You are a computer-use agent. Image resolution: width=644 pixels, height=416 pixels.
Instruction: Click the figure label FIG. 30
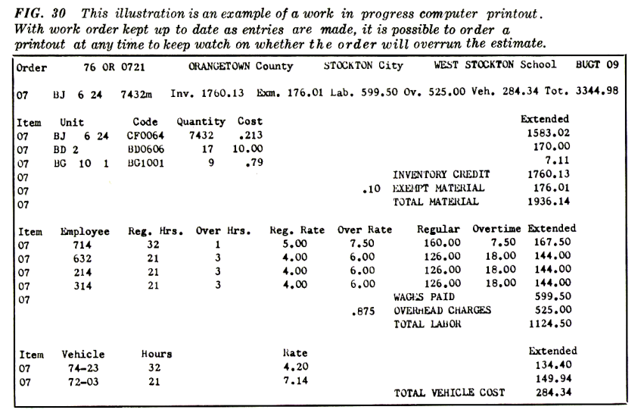click(37, 14)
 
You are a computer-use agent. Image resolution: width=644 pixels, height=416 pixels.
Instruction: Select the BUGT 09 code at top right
click(597, 65)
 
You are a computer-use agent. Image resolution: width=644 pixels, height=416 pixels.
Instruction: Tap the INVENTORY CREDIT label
click(441, 174)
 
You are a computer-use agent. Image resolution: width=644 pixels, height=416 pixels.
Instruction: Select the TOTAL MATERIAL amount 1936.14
click(548, 202)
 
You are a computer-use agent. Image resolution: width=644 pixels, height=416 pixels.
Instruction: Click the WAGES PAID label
click(424, 296)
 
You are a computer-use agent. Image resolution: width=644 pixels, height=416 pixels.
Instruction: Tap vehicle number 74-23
click(82, 368)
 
